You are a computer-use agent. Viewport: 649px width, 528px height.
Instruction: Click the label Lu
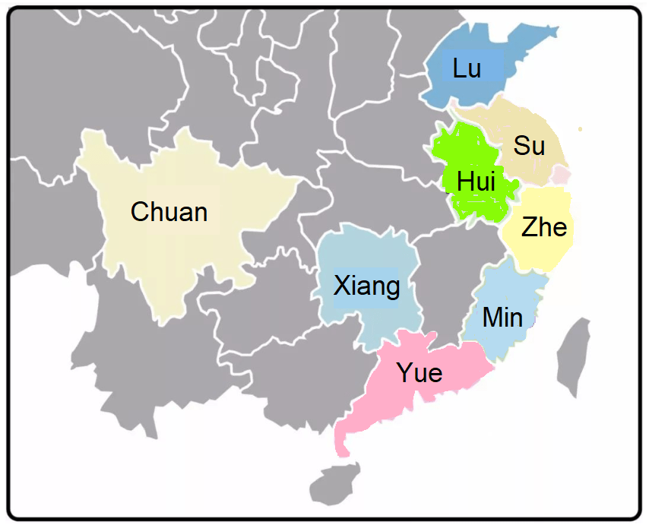(x=467, y=68)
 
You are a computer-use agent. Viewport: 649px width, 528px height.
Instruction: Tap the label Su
(x=529, y=145)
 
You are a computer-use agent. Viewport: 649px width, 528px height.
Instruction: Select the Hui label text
(x=476, y=182)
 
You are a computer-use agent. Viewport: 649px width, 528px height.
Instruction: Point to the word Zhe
(x=544, y=226)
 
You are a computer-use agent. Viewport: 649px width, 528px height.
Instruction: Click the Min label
(x=503, y=317)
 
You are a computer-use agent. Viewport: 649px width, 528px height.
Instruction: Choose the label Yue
(x=419, y=373)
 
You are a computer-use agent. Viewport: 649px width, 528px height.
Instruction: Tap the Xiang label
(x=367, y=286)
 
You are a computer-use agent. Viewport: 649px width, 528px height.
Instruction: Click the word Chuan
(x=169, y=211)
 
